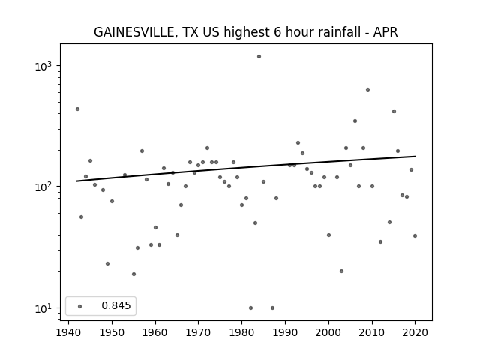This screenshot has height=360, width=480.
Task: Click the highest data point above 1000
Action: click(259, 57)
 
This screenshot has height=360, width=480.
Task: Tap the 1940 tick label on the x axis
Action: click(68, 332)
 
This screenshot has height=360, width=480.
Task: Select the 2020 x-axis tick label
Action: click(415, 332)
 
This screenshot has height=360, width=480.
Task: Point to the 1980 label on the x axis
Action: click(241, 332)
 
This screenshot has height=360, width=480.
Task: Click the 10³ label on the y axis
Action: click(43, 66)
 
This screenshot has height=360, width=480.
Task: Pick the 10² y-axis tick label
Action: click(43, 187)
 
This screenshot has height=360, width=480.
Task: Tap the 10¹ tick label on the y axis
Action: click(43, 308)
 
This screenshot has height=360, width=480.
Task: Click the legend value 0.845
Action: click(116, 305)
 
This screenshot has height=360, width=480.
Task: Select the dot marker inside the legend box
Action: click(80, 306)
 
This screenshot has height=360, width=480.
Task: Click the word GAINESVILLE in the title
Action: click(135, 32)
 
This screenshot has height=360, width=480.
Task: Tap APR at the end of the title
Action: click(385, 32)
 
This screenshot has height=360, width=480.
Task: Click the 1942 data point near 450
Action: click(77, 109)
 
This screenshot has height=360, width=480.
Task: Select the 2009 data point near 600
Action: click(367, 90)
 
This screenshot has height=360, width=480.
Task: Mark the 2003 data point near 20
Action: click(342, 271)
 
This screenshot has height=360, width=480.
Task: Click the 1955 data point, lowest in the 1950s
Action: click(133, 274)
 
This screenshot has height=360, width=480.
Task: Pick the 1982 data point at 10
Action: click(250, 307)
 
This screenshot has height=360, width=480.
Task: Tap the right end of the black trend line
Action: click(415, 157)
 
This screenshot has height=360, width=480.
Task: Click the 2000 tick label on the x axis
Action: click(328, 332)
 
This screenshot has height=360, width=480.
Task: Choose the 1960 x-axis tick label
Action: click(155, 332)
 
